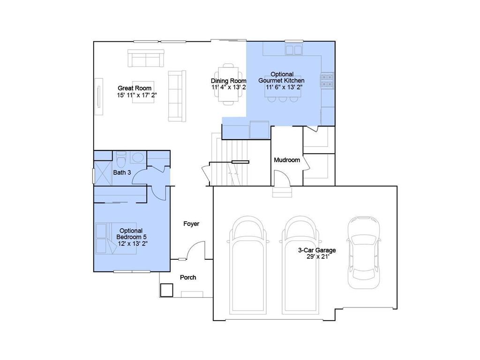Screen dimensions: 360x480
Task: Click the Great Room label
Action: click(x=135, y=88)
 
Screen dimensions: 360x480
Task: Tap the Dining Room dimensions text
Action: click(x=229, y=87)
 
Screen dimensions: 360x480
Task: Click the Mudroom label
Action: click(x=287, y=160)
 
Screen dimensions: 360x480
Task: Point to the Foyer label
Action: click(x=191, y=224)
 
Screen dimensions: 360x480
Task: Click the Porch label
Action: click(x=188, y=277)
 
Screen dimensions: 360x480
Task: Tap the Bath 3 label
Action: click(x=122, y=172)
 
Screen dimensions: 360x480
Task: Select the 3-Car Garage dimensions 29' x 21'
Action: click(x=317, y=257)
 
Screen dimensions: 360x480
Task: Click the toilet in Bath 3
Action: click(x=121, y=159)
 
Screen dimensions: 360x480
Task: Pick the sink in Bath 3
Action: click(x=138, y=157)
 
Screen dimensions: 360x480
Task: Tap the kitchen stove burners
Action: click(x=327, y=81)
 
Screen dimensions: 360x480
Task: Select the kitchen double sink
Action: click(x=294, y=50)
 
